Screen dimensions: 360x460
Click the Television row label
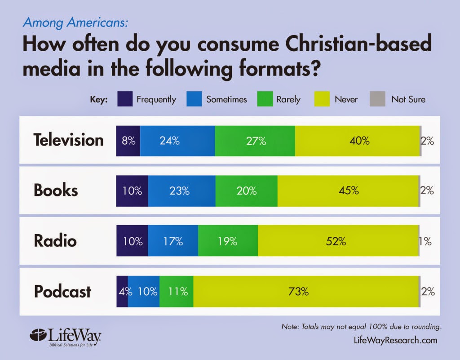pyautogui.click(x=68, y=140)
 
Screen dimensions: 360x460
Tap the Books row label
pyautogui.click(x=56, y=191)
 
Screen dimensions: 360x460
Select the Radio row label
pyautogui.click(x=55, y=241)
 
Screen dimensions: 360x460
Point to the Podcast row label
pyautogui.click(x=62, y=292)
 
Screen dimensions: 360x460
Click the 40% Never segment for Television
pyautogui.click(x=357, y=141)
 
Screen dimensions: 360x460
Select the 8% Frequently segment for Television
pyautogui.click(x=128, y=141)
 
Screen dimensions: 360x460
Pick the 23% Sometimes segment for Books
pyautogui.click(x=181, y=191)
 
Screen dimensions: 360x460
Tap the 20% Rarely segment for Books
pyautogui.click(x=246, y=191)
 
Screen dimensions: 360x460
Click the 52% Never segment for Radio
pyautogui.click(x=338, y=241)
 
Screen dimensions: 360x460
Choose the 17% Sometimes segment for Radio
pyautogui.click(x=173, y=241)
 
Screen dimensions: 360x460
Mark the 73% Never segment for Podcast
pyautogui.click(x=306, y=292)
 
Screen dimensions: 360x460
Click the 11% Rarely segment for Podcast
pyautogui.click(x=177, y=292)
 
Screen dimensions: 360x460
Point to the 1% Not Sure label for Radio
pyautogui.click(x=425, y=241)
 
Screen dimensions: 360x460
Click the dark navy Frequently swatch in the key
pyautogui.click(x=124, y=99)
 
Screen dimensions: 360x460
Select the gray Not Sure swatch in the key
pyautogui.click(x=377, y=99)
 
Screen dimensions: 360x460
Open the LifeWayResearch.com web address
pyautogui.click(x=395, y=340)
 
